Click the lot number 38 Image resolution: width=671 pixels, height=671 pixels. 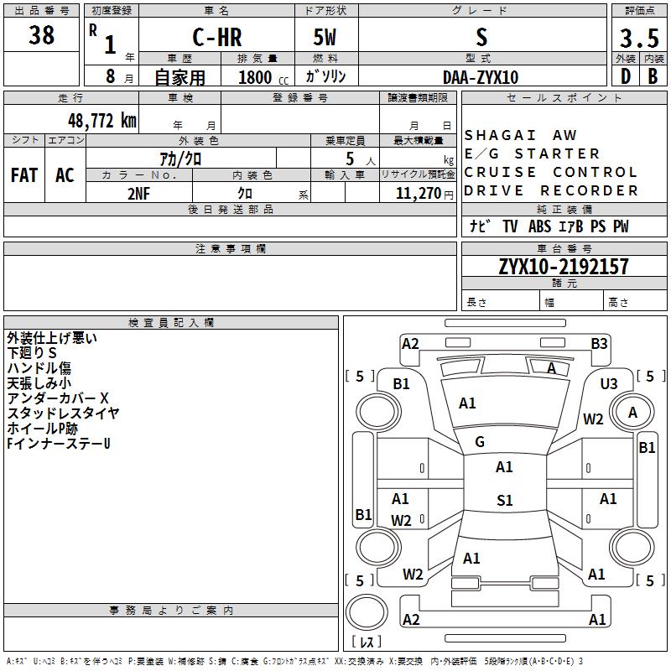pyautogui.click(x=41, y=36)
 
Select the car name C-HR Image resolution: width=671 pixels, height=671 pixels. pyautogui.click(x=216, y=37)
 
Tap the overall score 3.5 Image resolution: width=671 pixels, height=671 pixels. pyautogui.click(x=639, y=38)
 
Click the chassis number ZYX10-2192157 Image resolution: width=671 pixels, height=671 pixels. pyautogui.click(x=563, y=267)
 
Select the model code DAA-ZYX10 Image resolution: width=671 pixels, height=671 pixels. pyautogui.click(x=481, y=77)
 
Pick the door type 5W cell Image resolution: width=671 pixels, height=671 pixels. pyautogui.click(x=325, y=37)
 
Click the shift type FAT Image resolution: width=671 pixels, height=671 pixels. pyautogui.click(x=24, y=175)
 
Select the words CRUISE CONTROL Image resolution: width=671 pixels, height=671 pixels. pyautogui.click(x=551, y=172)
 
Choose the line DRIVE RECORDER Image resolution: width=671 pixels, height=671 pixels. pyautogui.click(x=551, y=190)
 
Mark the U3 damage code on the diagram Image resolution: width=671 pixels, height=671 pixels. pyautogui.click(x=608, y=383)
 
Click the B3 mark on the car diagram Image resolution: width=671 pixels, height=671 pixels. pyautogui.click(x=598, y=343)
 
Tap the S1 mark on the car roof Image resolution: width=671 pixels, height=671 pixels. pyautogui.click(x=504, y=501)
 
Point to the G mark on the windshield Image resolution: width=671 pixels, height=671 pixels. pyautogui.click(x=480, y=441)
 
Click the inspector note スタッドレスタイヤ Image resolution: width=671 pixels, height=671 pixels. pyautogui.click(x=63, y=413)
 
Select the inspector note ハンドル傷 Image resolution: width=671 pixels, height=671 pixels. pyautogui.click(x=39, y=368)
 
